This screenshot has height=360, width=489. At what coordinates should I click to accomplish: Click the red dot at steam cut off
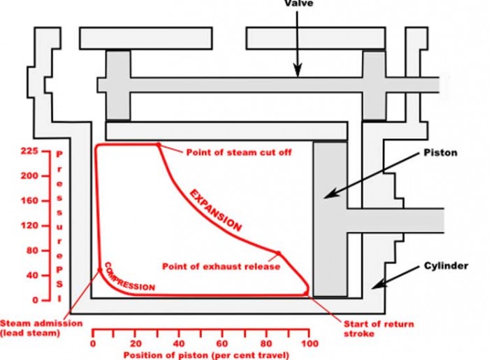click(158, 145)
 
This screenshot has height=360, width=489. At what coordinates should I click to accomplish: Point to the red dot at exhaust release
click(278, 253)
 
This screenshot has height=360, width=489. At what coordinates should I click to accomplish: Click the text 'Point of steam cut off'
click(238, 152)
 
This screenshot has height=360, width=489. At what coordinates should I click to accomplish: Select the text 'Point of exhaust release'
click(221, 266)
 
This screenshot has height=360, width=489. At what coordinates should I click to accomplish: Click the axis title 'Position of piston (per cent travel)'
click(203, 354)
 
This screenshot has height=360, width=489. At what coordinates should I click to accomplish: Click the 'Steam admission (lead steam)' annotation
click(41, 328)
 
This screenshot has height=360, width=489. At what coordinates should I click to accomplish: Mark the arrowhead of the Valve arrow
click(298, 71)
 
